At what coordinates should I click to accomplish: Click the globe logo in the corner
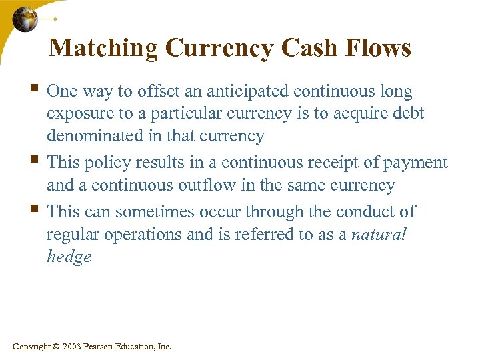click(25, 19)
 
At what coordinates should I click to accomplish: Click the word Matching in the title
click(103, 48)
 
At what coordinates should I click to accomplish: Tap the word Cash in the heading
click(313, 48)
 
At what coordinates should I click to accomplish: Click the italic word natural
click(378, 235)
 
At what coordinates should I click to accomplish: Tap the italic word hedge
click(69, 257)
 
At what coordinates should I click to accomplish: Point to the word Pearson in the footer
click(100, 347)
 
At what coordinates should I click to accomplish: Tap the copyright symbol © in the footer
click(56, 347)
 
